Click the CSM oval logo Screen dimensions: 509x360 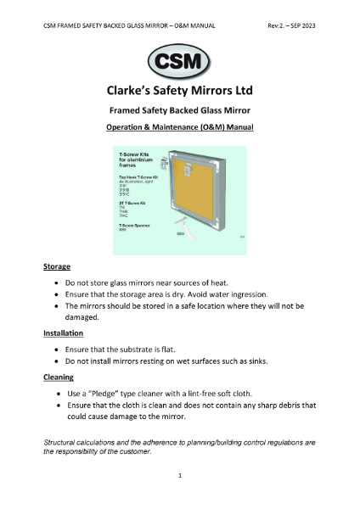tap(180, 63)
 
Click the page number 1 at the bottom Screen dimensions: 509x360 tap(180, 477)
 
